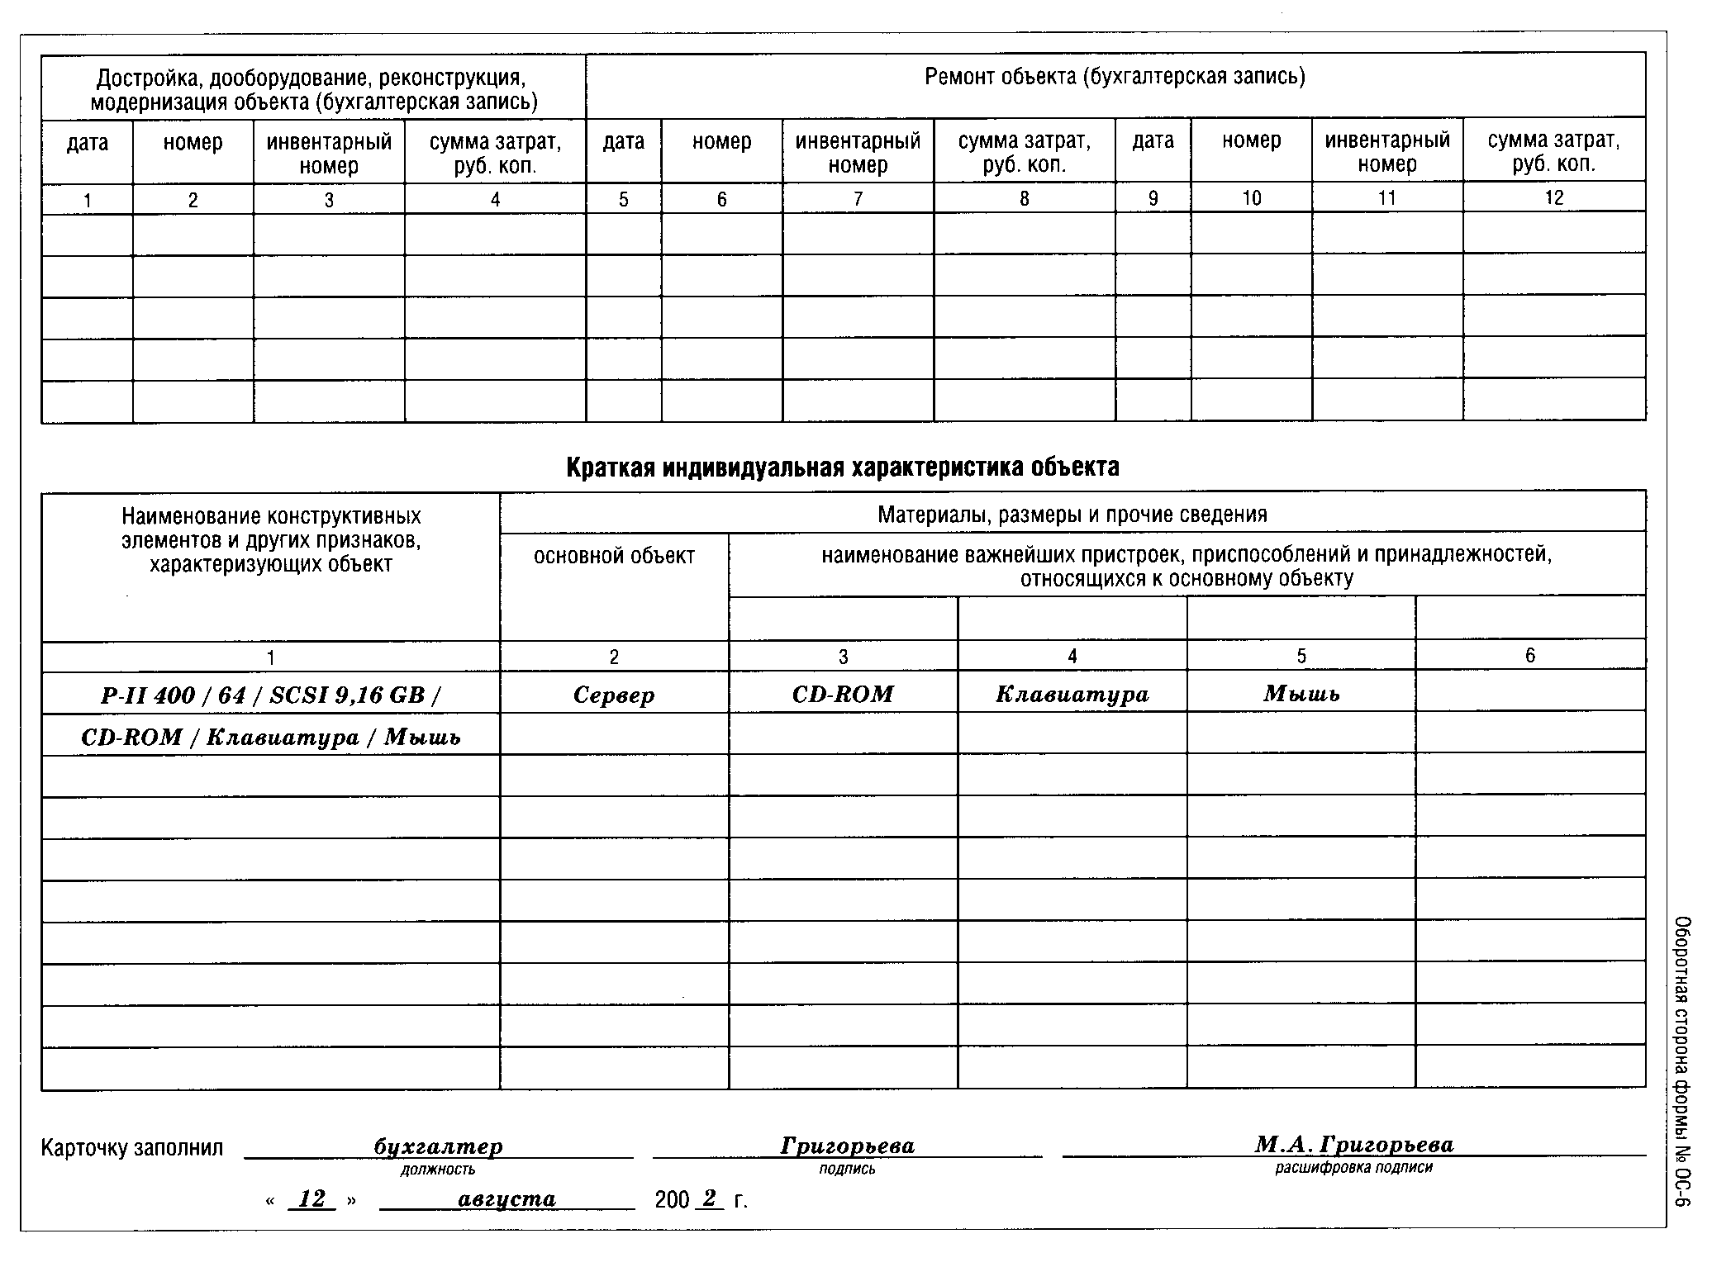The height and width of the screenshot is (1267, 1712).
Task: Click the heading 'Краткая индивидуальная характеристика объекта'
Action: [842, 467]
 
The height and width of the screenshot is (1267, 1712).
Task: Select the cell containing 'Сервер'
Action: [614, 695]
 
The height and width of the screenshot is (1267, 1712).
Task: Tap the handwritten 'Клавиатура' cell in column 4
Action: [1072, 694]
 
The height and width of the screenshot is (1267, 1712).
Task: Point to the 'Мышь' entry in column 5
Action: [1301, 694]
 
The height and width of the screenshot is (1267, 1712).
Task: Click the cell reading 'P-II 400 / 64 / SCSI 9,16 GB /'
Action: [270, 695]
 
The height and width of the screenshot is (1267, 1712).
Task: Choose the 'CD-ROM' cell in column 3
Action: [843, 694]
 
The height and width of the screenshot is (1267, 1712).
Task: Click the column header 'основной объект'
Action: [614, 557]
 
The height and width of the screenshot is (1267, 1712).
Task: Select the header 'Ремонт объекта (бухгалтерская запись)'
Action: [1115, 78]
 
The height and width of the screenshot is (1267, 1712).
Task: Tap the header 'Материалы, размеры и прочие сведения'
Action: [1072, 515]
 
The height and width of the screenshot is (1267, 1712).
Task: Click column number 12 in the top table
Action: [1553, 197]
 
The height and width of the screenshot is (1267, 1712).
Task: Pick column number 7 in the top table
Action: [858, 199]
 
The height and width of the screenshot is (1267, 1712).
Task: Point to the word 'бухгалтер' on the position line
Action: [438, 1147]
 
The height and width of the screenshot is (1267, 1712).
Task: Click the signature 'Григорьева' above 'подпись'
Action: [847, 1146]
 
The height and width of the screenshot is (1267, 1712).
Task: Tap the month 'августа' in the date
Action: [506, 1199]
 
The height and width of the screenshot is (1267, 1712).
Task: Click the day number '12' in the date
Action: [311, 1199]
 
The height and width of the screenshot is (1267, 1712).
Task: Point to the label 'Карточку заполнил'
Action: [132, 1149]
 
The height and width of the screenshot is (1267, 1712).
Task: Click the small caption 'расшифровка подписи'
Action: [1353, 1168]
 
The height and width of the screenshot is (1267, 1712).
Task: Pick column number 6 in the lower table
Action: [1530, 656]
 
